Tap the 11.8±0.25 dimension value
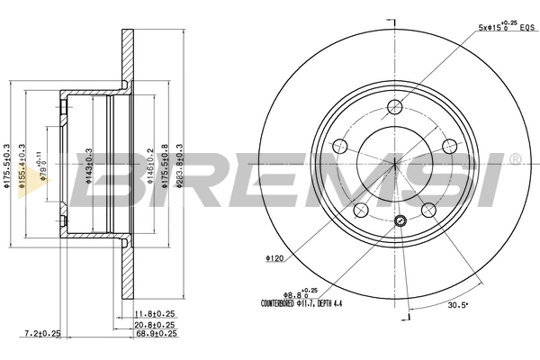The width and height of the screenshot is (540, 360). click(155, 314)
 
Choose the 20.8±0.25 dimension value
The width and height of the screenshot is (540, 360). click(155, 324)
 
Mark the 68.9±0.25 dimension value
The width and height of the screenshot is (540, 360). click(155, 334)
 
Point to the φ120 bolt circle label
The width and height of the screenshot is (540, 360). click(274, 258)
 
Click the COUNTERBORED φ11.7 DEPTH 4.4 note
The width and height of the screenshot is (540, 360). click(302, 304)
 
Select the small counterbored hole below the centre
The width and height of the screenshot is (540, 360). click(401, 220)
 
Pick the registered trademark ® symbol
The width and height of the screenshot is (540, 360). click(514, 159)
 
